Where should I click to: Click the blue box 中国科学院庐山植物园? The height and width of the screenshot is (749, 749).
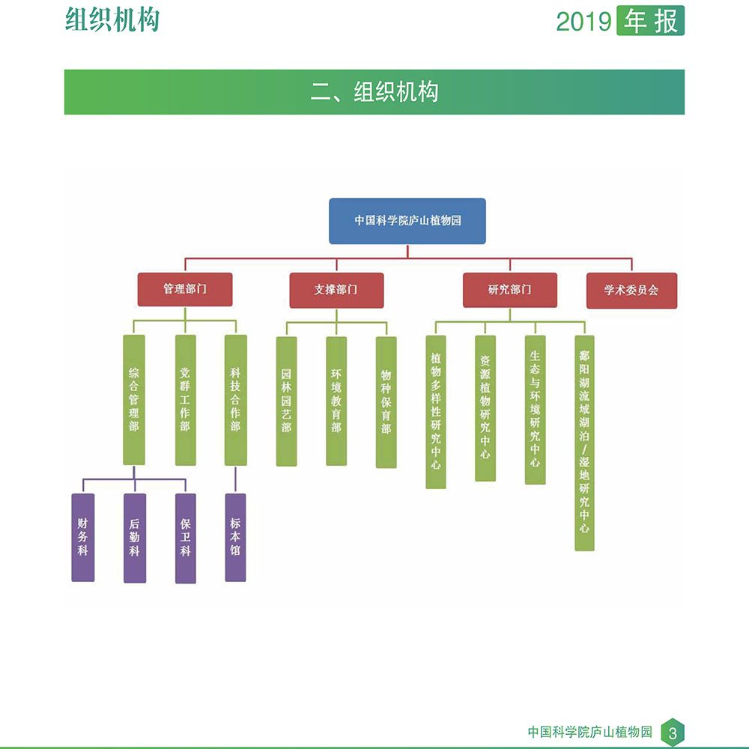coord(407,221)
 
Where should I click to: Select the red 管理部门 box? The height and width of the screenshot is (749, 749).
coord(185,289)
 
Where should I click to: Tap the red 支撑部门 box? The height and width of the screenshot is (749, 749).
coord(336,290)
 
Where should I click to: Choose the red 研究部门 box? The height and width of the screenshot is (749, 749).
coord(509,290)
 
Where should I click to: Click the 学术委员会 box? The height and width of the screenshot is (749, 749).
coord(631,291)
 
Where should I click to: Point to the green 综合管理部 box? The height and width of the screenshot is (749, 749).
coord(134,399)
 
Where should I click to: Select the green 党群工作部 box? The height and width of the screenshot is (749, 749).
coord(185,399)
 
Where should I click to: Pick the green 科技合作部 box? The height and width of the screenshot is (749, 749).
coord(235,399)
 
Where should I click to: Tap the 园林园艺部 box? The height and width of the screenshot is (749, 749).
coord(287,401)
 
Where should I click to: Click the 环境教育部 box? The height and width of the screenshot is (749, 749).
coord(336,401)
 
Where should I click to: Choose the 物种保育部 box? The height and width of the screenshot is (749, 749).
coord(386,401)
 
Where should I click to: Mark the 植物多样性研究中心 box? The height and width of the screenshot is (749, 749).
coord(436,412)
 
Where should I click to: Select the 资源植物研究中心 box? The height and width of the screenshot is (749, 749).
coord(485,408)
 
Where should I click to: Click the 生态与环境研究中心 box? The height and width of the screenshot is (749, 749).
coord(535,410)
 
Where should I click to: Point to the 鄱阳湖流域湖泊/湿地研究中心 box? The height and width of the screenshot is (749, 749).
coord(585,443)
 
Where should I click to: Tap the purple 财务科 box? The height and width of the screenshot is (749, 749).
coord(83,537)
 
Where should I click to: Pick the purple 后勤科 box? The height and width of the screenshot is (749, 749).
coord(135,538)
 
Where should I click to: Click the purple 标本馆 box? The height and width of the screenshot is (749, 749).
coord(235,537)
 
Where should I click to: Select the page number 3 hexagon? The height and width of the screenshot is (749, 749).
coord(673,733)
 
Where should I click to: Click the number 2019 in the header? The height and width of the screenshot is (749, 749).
coord(583,22)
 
